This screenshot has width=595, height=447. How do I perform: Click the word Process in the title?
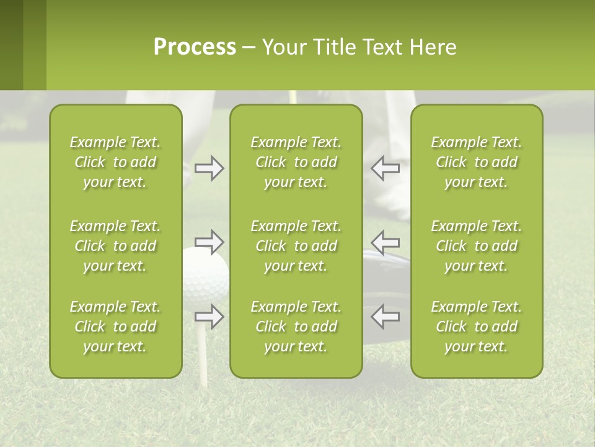pyautogui.click(x=195, y=47)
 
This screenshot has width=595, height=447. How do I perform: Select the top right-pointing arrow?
pyautogui.click(x=209, y=168)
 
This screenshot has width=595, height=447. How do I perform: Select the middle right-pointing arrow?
pyautogui.click(x=209, y=242)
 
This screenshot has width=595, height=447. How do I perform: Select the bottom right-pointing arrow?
pyautogui.click(x=209, y=316)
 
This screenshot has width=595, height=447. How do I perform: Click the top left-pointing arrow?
pyautogui.click(x=386, y=168)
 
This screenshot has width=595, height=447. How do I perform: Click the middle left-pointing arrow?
pyautogui.click(x=386, y=242)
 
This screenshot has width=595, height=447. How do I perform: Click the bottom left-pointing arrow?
pyautogui.click(x=386, y=316)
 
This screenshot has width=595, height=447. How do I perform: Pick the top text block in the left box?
pyautogui.click(x=115, y=162)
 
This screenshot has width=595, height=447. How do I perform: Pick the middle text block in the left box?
pyautogui.click(x=115, y=246)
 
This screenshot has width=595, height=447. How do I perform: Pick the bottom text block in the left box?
pyautogui.click(x=115, y=327)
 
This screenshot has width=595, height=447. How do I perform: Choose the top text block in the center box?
pyautogui.click(x=296, y=162)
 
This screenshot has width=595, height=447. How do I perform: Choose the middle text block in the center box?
pyautogui.click(x=296, y=246)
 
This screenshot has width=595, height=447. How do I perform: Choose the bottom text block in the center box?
pyautogui.click(x=296, y=327)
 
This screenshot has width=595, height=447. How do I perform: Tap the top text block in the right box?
pyautogui.click(x=477, y=162)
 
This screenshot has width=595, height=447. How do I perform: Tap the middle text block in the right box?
pyautogui.click(x=477, y=246)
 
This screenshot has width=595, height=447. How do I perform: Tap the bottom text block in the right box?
pyautogui.click(x=477, y=327)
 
